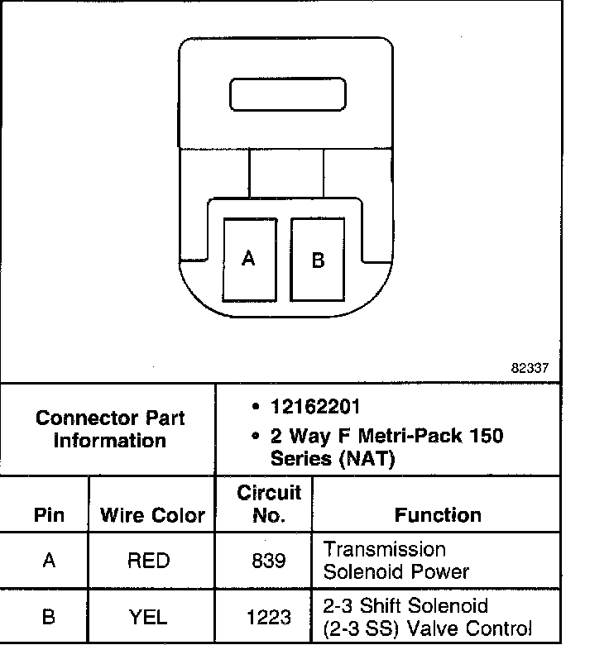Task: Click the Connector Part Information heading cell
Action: click(109, 428)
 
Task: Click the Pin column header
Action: click(49, 515)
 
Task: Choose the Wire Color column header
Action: click(152, 515)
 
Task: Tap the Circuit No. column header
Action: click(269, 504)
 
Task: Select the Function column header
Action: click(438, 515)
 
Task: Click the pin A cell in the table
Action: click(49, 561)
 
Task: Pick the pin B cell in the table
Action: click(49, 617)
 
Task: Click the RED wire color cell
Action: click(149, 561)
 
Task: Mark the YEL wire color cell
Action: click(149, 617)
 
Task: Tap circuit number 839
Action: click(268, 561)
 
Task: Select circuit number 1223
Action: click(268, 617)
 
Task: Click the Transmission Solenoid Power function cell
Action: click(396, 560)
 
